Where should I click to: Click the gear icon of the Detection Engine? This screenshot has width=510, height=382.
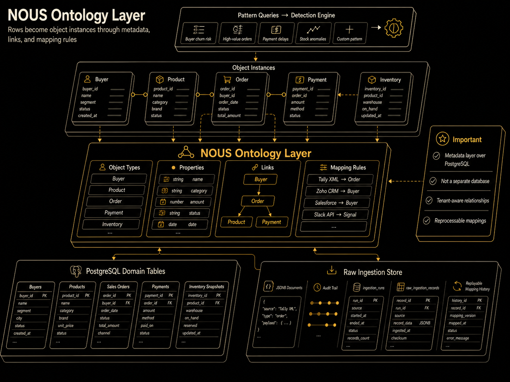pos(393,28)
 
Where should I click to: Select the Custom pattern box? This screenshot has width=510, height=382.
pos(350,33)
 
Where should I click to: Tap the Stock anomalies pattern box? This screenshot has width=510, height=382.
pos(313,33)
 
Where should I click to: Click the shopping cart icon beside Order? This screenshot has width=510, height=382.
pos(227,79)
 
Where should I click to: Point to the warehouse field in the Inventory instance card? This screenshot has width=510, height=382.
pos(372,102)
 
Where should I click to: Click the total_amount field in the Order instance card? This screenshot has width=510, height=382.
pos(229,115)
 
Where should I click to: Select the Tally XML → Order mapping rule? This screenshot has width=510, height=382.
pos(339,179)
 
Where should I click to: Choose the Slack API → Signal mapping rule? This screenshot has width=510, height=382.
pos(335,215)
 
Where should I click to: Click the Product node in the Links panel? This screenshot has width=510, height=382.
pos(236,222)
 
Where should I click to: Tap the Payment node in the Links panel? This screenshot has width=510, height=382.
pos(272,222)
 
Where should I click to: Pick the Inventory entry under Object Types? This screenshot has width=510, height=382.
pos(112,224)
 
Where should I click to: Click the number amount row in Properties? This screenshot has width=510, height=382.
pos(183,202)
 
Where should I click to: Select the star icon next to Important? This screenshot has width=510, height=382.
pos(442,139)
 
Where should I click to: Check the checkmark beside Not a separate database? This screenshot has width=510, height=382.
pos(433,181)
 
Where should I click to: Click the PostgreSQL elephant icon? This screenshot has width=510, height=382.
pos(76,271)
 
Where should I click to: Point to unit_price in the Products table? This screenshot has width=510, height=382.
pos(66,326)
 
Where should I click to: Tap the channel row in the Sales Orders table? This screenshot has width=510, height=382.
pos(104,333)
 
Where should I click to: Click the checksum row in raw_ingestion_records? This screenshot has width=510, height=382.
pos(399,338)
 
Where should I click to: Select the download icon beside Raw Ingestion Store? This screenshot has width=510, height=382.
pos(331,270)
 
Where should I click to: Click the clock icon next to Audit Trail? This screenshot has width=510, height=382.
pos(317,287)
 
